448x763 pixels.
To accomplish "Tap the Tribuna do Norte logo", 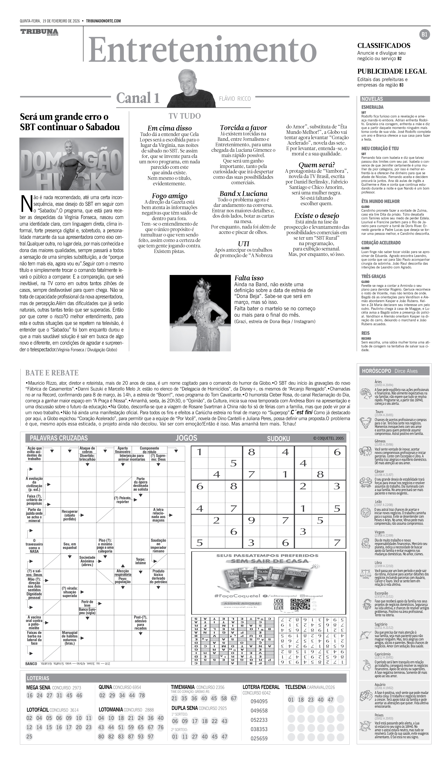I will (x=39, y=32).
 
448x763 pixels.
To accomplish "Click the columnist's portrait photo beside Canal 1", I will (x=191, y=88).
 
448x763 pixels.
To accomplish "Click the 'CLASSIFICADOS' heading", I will (x=384, y=46).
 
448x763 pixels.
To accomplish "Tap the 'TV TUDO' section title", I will (x=185, y=116).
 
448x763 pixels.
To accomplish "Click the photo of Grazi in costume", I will (x=200, y=313).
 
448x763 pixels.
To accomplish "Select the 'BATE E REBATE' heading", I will (x=52, y=373).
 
